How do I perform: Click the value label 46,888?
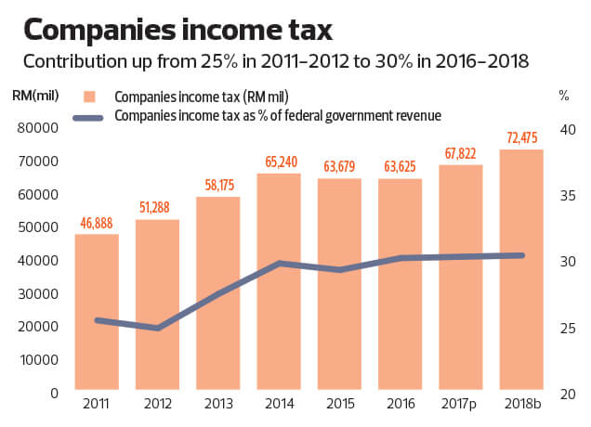(97, 224)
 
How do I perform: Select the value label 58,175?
(217, 187)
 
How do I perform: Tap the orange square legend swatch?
(89, 97)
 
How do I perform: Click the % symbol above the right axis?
(563, 94)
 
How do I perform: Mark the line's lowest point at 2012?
(157, 328)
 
